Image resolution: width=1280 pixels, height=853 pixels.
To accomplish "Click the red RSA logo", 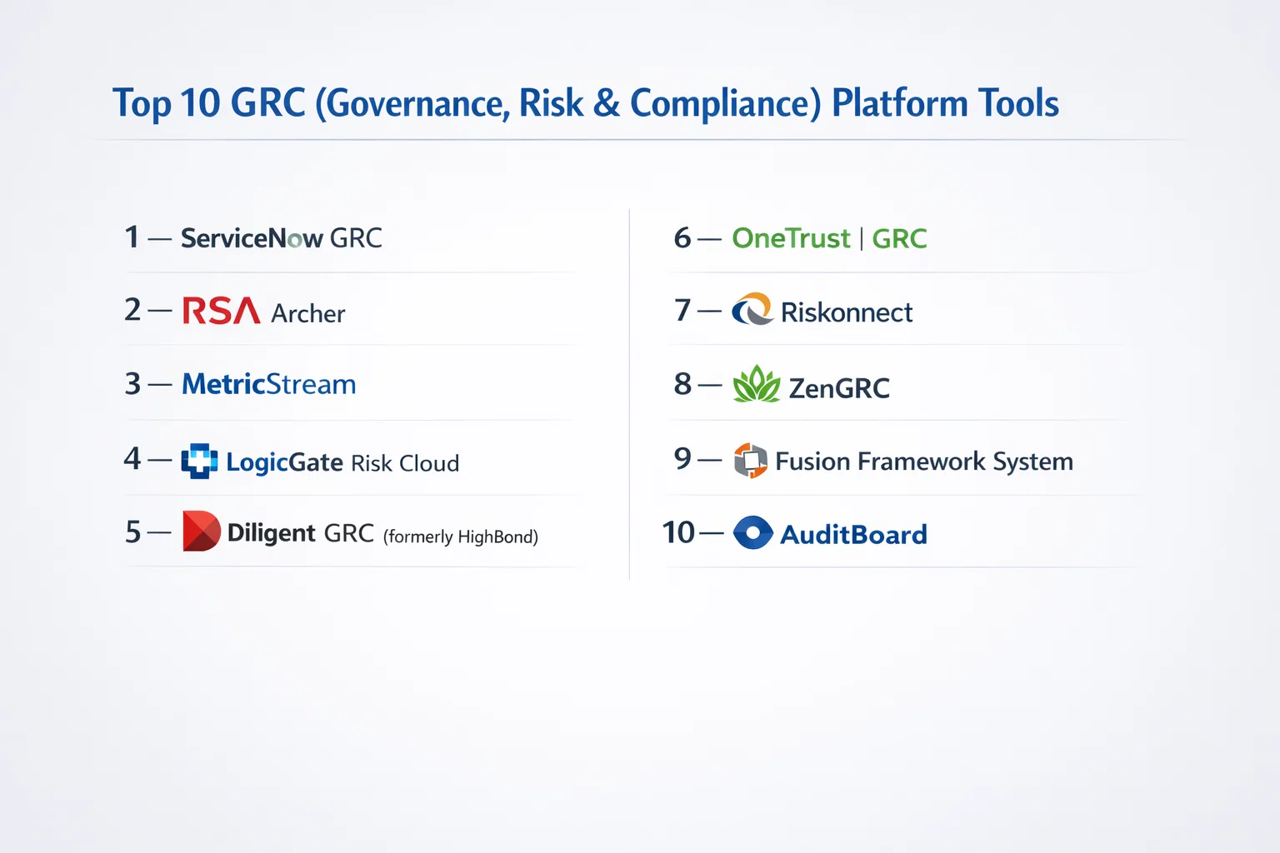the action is [221, 310].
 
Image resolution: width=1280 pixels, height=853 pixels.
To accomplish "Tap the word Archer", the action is [308, 313].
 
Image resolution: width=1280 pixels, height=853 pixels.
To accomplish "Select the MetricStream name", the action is [268, 383].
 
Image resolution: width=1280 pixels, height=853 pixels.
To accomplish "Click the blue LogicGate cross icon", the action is [199, 461].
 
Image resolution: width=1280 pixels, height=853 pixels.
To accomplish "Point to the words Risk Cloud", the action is [405, 463].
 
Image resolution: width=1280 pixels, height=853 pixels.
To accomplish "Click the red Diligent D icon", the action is [201, 531].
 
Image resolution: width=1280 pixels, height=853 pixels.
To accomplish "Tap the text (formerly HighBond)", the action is [461, 536].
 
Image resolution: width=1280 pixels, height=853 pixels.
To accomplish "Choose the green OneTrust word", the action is [791, 237].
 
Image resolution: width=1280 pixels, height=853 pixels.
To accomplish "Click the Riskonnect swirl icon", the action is [752, 308].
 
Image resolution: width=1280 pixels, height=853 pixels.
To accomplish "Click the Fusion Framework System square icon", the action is [750, 460].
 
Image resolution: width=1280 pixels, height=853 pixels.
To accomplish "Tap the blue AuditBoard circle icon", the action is [753, 532].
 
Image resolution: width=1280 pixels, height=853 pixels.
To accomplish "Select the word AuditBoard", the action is [853, 534].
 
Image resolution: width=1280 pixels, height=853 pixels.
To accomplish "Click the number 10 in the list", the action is [678, 532].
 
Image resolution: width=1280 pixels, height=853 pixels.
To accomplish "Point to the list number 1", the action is [132, 237].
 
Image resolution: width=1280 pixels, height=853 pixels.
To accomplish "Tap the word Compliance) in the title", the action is [726, 103].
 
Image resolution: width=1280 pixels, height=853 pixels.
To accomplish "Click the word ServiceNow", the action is [252, 237].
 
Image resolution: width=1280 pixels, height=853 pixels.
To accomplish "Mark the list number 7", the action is [682, 310].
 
